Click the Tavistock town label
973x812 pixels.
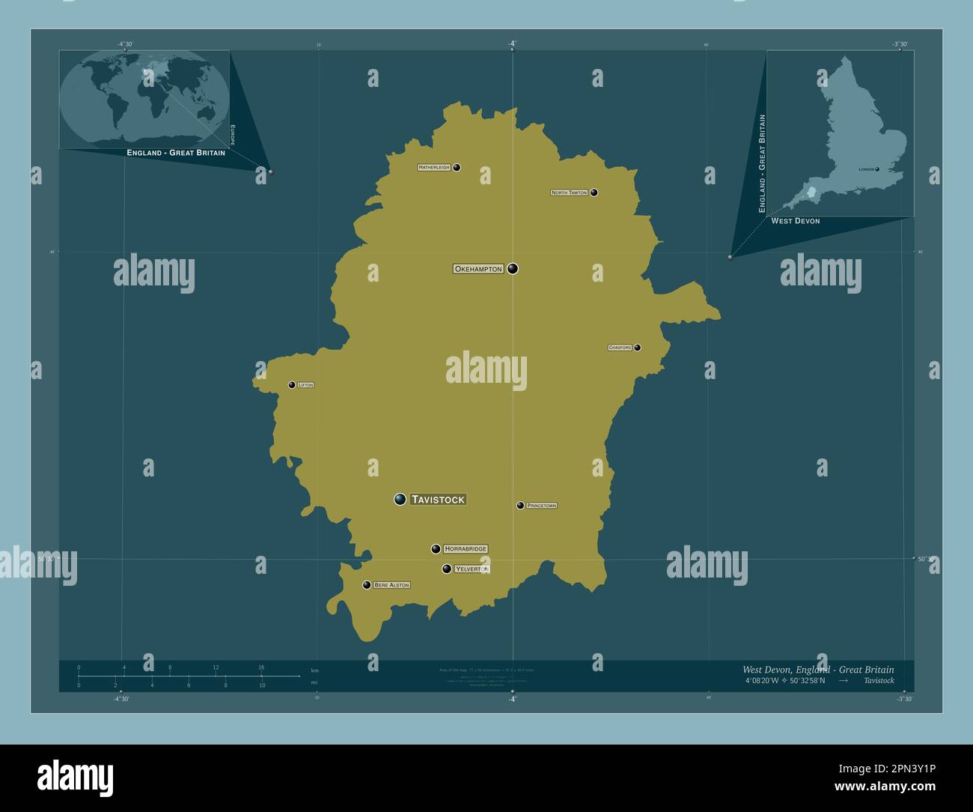(439, 500)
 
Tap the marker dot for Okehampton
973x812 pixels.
(513, 269)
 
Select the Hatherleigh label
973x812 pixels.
(434, 168)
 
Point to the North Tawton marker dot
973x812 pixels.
(594, 193)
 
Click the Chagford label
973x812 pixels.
(620, 348)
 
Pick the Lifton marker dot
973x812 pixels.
(292, 385)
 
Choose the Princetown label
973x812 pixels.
(541, 506)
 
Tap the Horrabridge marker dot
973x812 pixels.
(436, 549)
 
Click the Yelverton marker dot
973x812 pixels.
(447, 569)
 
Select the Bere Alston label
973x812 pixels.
(391, 585)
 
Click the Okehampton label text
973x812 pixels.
(478, 269)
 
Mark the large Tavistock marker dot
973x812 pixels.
(400, 500)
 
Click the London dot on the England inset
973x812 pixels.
(877, 169)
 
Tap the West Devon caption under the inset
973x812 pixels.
(795, 221)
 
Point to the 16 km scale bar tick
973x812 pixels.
(261, 676)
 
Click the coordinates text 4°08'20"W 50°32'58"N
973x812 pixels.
(785, 681)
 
